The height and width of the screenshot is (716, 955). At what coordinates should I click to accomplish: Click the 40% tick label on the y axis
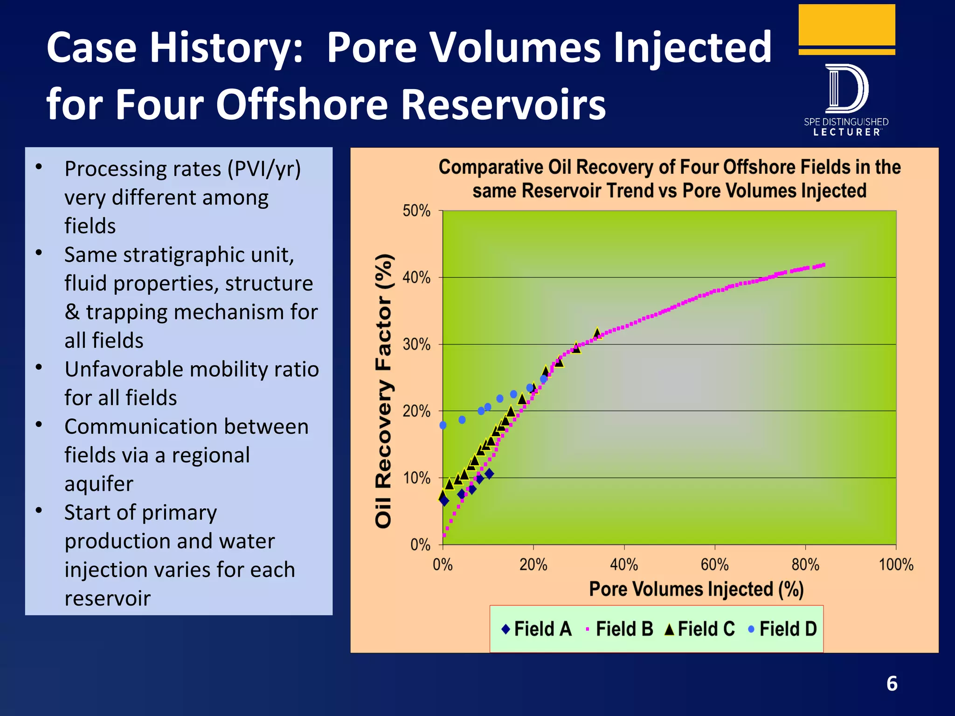pyautogui.click(x=416, y=278)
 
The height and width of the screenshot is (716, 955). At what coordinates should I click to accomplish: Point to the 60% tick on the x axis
pyautogui.click(x=714, y=565)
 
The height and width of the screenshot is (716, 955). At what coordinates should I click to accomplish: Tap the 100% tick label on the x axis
pyautogui.click(x=896, y=565)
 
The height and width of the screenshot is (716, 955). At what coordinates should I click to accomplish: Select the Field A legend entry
pyautogui.click(x=536, y=629)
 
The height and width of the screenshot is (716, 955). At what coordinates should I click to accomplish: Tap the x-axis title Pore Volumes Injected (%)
pyautogui.click(x=696, y=589)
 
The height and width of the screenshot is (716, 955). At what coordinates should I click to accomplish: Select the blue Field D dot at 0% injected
pyautogui.click(x=443, y=425)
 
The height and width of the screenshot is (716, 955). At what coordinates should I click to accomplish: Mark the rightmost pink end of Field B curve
pyautogui.click(x=824, y=265)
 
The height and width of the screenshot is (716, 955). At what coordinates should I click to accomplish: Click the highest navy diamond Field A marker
pyautogui.click(x=489, y=474)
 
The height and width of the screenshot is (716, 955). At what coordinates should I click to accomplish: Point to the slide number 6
pyautogui.click(x=892, y=684)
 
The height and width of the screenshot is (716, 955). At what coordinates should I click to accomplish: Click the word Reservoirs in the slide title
pyautogui.click(x=503, y=104)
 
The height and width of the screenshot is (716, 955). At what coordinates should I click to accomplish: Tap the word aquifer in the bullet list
pyautogui.click(x=99, y=484)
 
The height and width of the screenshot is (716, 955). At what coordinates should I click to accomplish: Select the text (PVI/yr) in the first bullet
pyautogui.click(x=264, y=169)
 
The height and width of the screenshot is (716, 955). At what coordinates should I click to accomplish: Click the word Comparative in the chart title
pyautogui.click(x=491, y=167)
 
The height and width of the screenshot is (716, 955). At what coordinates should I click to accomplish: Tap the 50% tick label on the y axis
pyautogui.click(x=416, y=211)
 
